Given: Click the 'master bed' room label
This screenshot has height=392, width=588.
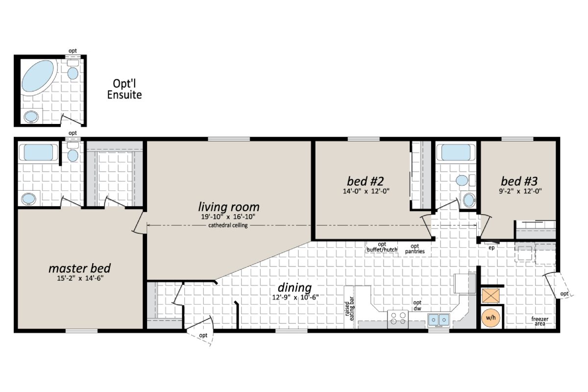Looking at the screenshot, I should [x=79, y=269].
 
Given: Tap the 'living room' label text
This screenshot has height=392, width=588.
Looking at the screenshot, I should [x=228, y=207].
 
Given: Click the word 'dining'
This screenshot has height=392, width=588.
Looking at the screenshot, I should [x=294, y=287].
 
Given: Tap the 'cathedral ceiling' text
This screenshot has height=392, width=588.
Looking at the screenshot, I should [x=228, y=225].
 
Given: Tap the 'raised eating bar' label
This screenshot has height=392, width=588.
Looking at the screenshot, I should [x=350, y=309].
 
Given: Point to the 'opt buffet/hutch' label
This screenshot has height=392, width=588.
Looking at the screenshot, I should [x=382, y=247].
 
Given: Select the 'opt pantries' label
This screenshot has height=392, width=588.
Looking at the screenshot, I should [x=415, y=249].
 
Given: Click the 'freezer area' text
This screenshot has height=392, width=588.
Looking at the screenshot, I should [x=540, y=321].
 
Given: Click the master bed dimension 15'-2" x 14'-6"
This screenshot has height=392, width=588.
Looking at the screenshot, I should [x=79, y=279].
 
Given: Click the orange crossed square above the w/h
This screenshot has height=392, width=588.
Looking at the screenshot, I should [x=490, y=295].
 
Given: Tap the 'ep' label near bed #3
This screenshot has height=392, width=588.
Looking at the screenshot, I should [x=492, y=248].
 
